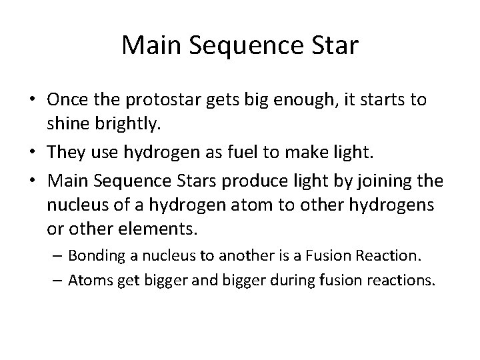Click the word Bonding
(95, 255)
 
